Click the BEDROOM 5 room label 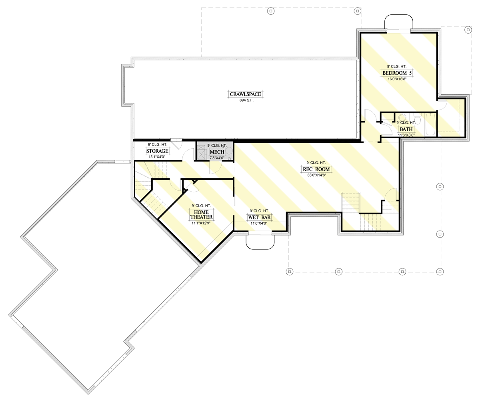[397, 73]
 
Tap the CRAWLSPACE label [245, 94]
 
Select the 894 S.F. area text [246, 100]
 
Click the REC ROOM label [316, 169]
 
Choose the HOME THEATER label [201, 215]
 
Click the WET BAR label [259, 217]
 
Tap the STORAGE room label [157, 151]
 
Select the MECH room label [217, 152]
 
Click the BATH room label [406, 129]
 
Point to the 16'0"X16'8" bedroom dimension [397, 79]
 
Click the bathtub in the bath [430, 124]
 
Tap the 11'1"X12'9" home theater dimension [201, 223]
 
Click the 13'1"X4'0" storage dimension [157, 157]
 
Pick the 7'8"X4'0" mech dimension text [217, 158]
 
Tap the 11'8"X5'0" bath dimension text [406, 135]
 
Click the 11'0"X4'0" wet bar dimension [259, 223]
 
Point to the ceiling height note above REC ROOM [316, 163]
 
